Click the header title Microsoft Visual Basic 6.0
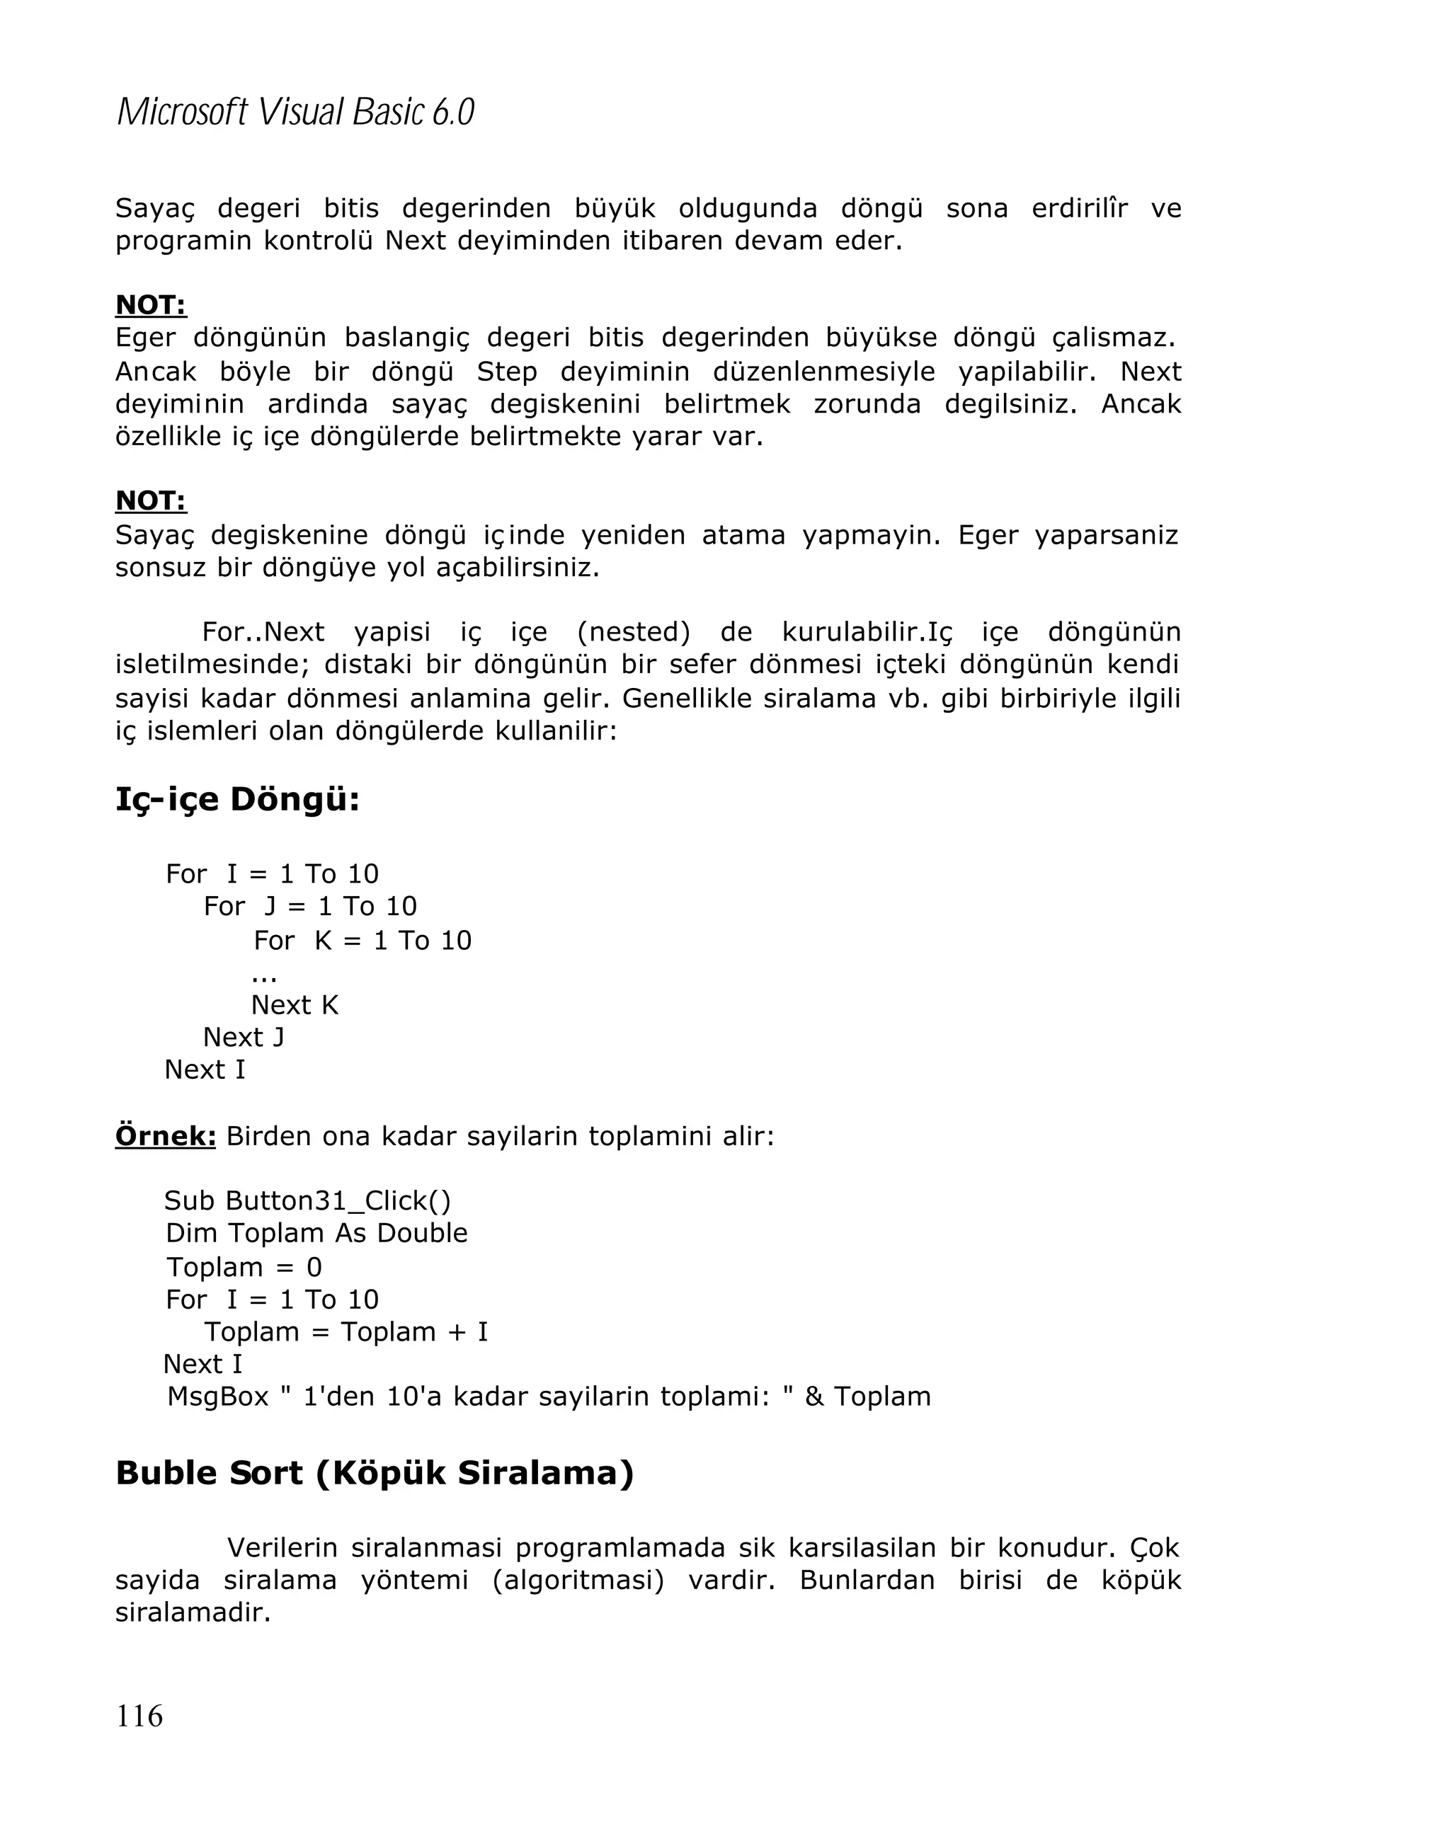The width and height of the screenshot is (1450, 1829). tap(295, 112)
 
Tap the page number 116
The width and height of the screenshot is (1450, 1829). tap(139, 1715)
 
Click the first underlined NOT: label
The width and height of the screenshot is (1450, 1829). tap(150, 304)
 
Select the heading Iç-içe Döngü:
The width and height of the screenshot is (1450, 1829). tap(238, 798)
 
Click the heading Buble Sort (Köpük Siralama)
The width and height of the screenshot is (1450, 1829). tap(374, 1473)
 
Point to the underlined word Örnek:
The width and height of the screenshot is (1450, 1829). tap(166, 1135)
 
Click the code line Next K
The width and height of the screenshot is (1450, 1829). tap(295, 1004)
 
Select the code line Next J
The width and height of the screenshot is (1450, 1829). tap(244, 1037)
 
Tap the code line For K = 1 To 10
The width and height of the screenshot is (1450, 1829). tap(362, 940)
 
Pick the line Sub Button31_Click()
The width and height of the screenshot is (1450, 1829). tap(307, 1200)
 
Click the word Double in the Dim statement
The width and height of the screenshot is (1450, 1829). tap(422, 1232)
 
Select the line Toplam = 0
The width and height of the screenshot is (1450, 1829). tap(244, 1266)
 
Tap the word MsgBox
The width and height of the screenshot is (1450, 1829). tap(217, 1396)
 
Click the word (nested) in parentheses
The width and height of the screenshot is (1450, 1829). tap(633, 632)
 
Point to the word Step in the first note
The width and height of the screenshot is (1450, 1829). tap(506, 372)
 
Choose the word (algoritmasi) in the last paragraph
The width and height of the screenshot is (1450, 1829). tap(578, 1580)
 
